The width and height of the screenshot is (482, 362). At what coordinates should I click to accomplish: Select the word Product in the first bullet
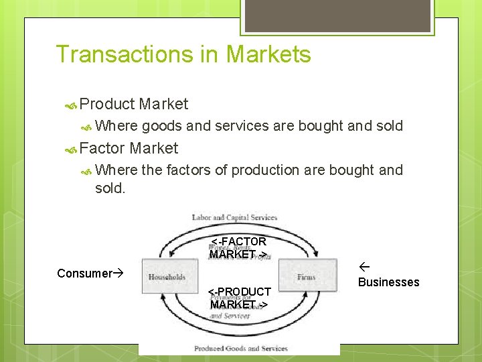pos(107,104)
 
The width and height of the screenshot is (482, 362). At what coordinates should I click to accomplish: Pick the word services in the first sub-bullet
pos(244,125)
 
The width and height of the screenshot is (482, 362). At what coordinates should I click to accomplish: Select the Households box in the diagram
pos(167,277)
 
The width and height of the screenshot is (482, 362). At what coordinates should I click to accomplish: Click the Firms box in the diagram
pos(306,277)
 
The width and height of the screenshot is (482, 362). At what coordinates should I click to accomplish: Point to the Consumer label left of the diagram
pos(84,274)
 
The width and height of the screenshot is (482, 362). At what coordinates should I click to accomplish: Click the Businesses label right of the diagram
pos(388,282)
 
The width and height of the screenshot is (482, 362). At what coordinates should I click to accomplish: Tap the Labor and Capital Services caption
pos(234,217)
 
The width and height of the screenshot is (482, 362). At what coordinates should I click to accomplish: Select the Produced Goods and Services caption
pos(240,349)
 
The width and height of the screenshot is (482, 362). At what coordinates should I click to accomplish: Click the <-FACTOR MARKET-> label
pos(239,247)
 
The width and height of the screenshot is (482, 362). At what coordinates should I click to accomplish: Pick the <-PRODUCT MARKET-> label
pos(239,298)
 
